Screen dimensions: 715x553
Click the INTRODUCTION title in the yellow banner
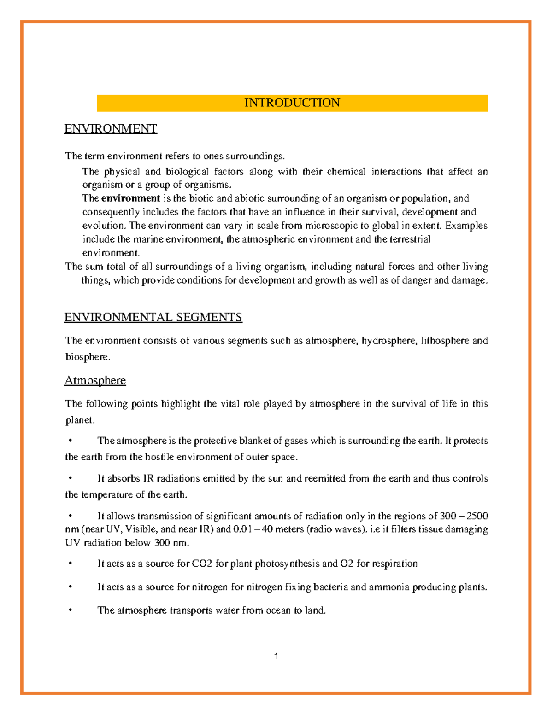coord(292,103)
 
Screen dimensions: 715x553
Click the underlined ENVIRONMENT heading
coord(111,128)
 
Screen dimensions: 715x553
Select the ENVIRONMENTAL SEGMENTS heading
coord(153,317)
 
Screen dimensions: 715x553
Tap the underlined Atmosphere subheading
coord(95,380)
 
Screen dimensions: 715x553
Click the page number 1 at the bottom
coord(276,656)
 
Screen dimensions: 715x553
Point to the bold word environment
coord(130,198)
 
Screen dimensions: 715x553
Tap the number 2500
coord(477,516)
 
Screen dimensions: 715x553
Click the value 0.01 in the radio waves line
coord(242,529)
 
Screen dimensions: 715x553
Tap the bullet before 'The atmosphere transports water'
coord(70,610)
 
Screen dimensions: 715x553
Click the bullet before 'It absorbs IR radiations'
coord(70,478)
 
